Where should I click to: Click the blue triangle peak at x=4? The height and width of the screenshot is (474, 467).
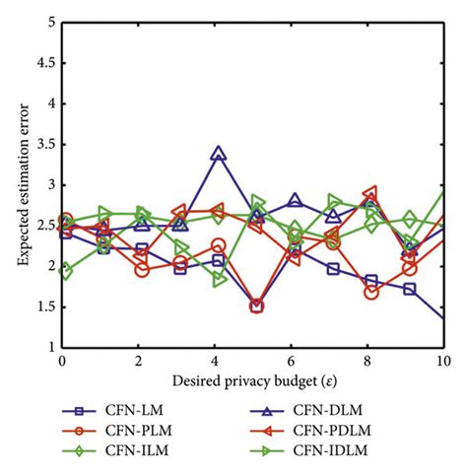(x=218, y=154)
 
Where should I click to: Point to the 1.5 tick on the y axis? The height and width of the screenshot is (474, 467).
(x=45, y=306)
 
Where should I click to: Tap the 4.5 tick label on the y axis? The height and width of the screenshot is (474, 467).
(x=45, y=63)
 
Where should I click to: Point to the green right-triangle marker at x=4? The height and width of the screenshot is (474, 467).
(x=220, y=279)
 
